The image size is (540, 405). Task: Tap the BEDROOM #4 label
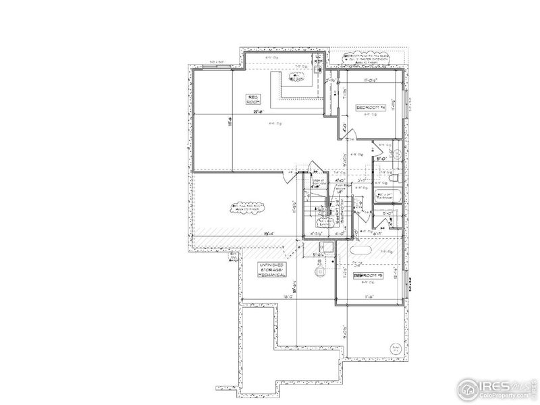tap(370, 108)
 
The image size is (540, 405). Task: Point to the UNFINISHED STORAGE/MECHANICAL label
tap(272, 271)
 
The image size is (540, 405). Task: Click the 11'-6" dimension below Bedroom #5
tap(369, 296)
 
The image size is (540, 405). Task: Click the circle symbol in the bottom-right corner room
tap(394, 348)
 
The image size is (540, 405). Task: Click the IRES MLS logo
tap(487, 385)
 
